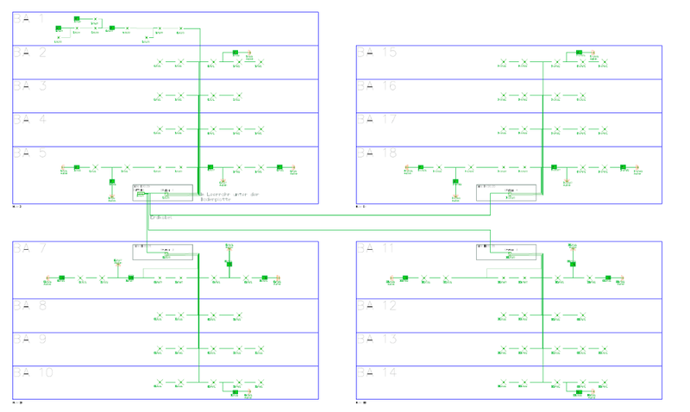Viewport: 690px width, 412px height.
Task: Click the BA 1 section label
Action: click(29, 18)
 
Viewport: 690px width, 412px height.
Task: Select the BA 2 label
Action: click(29, 52)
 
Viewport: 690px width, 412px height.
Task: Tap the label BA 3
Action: click(29, 85)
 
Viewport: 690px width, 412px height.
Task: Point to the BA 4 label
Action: click(29, 119)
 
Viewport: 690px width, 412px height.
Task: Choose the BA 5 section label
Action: click(29, 153)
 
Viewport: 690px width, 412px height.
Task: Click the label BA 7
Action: click(29, 248)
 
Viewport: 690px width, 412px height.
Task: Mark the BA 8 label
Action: click(29, 305)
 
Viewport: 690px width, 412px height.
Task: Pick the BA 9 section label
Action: click(29, 339)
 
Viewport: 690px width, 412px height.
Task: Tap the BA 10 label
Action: click(33, 372)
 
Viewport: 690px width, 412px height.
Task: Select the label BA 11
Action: click(377, 248)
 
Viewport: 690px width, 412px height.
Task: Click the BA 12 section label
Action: click(377, 305)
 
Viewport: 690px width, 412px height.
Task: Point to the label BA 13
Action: click(377, 339)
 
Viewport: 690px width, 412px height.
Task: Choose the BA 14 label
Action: click(377, 372)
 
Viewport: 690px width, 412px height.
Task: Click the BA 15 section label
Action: click(377, 52)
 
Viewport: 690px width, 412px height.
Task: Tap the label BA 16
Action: click(377, 85)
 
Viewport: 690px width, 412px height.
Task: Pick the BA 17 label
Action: click(377, 119)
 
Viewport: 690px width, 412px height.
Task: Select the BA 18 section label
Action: click(377, 153)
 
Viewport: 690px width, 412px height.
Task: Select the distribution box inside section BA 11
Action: click(506, 251)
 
